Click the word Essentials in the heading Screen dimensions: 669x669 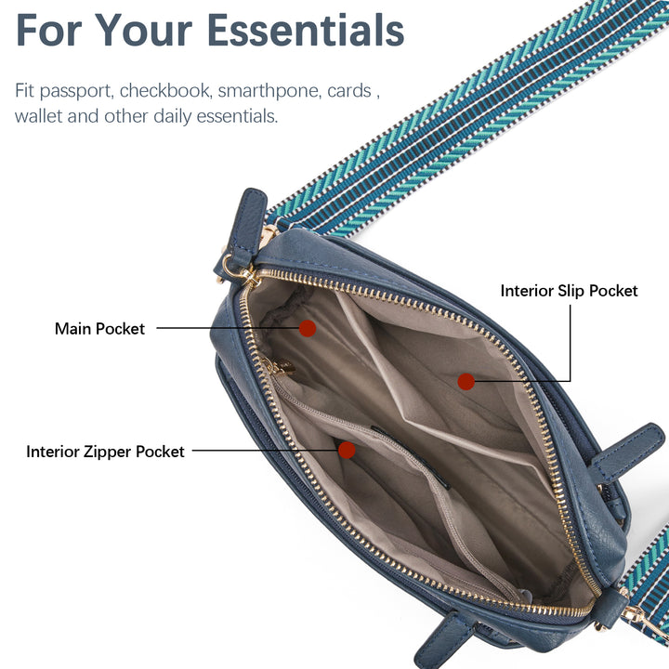(x=307, y=31)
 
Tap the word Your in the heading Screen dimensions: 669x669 (x=143, y=31)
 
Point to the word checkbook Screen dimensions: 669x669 (x=165, y=90)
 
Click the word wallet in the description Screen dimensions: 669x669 (x=38, y=116)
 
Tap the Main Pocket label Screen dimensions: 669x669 (x=99, y=329)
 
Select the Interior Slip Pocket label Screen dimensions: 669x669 (x=569, y=291)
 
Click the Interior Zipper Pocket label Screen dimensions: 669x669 (x=105, y=452)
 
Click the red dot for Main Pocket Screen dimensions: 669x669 (x=308, y=328)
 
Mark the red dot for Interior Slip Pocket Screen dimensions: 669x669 (x=466, y=382)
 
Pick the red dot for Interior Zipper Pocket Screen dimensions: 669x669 (x=347, y=450)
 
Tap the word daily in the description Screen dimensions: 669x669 (x=173, y=117)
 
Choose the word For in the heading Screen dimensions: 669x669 (x=48, y=31)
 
